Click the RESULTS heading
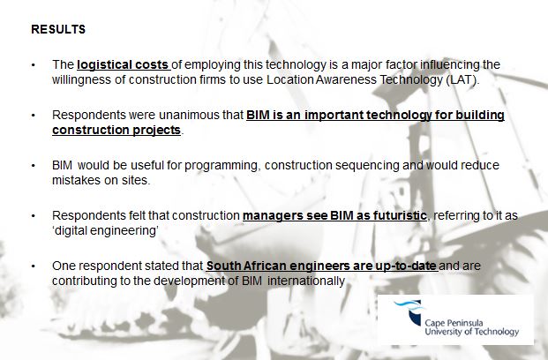[x=58, y=29]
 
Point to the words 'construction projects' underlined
[x=116, y=130]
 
